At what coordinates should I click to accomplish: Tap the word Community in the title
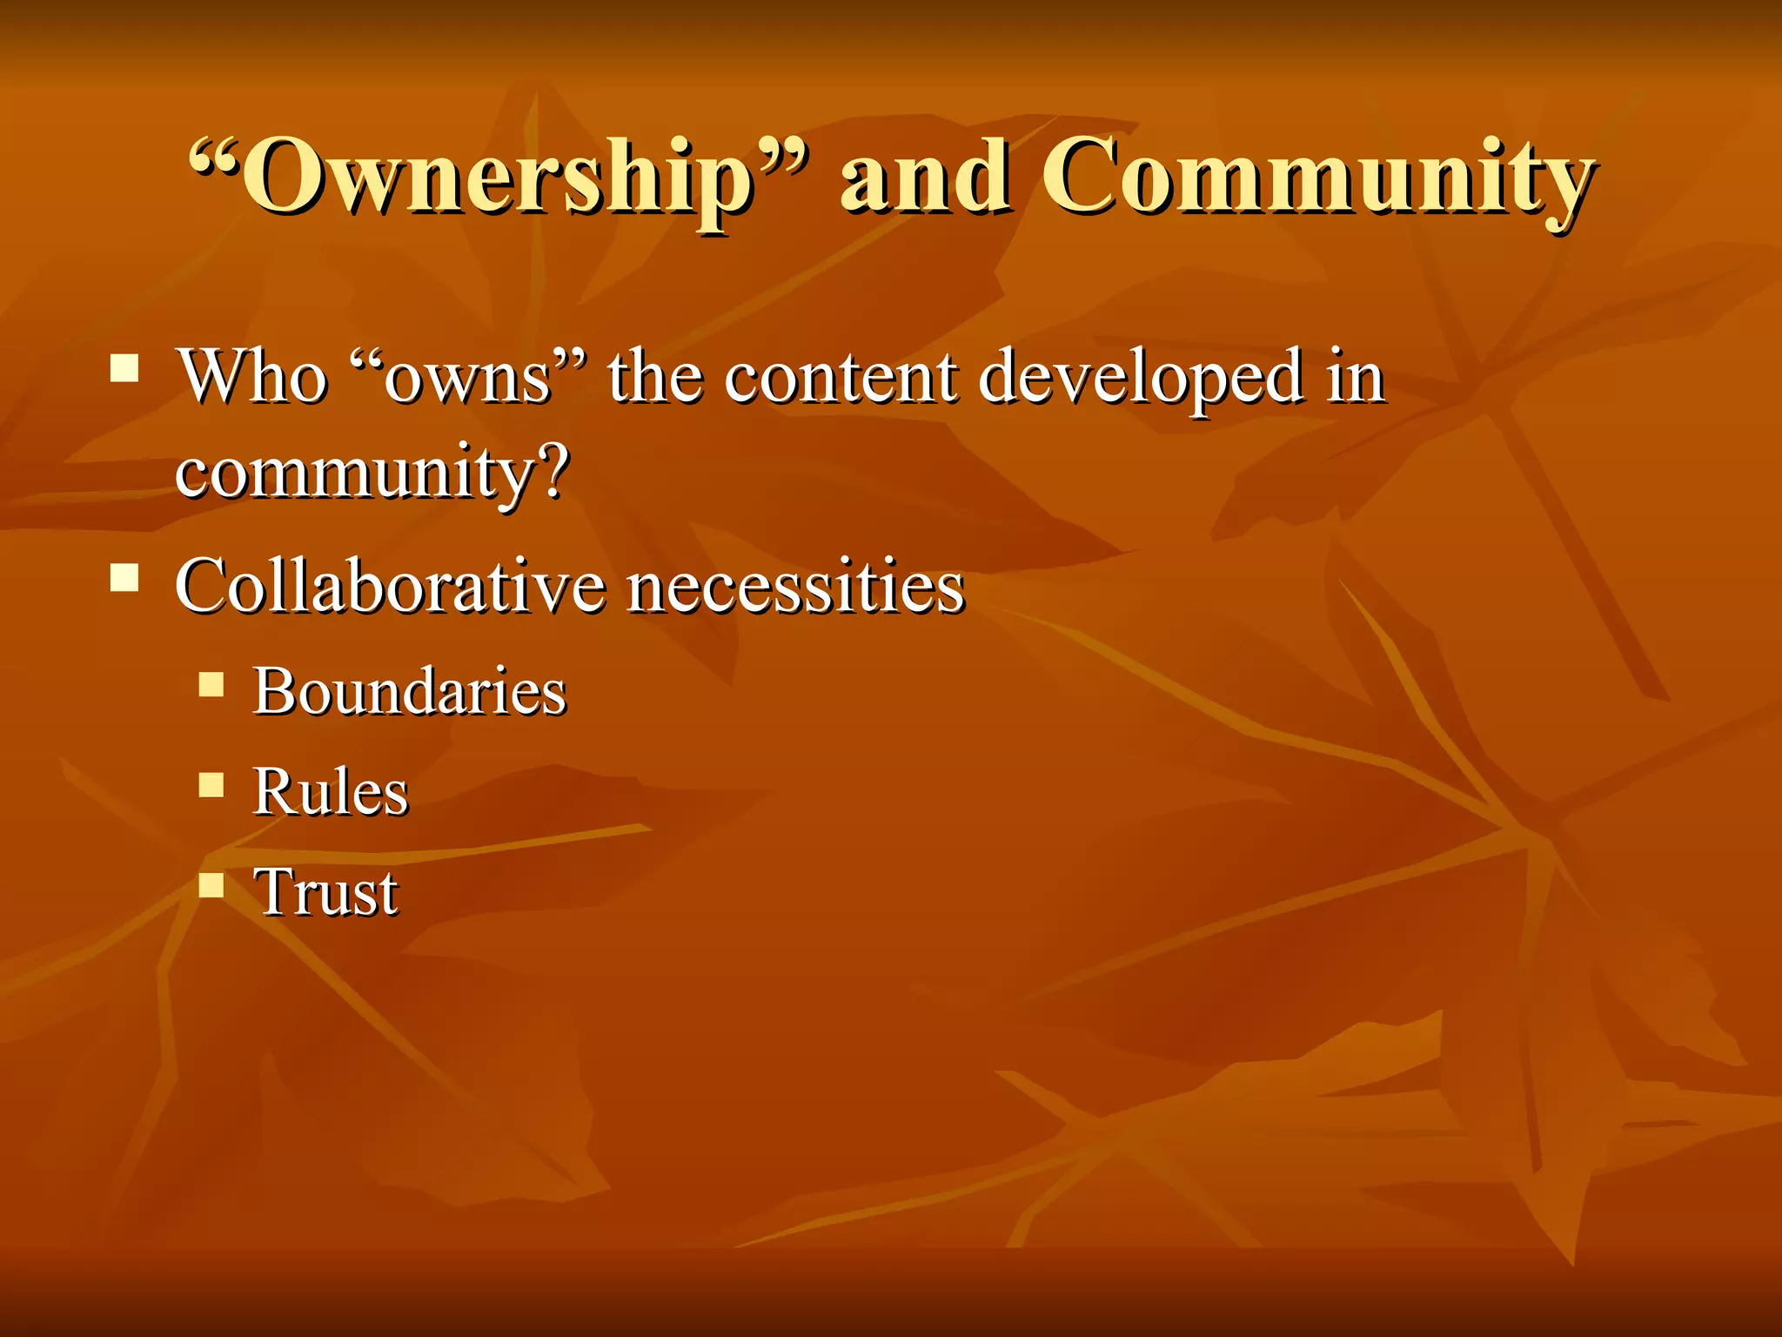pos(1318,178)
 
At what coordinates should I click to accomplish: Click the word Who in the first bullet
pos(252,376)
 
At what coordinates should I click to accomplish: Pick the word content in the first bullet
pos(840,378)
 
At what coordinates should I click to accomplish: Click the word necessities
pos(795,587)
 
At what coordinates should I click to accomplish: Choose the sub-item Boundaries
pos(409,691)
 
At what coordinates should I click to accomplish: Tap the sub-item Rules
pos(330,792)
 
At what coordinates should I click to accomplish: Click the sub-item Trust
pos(325,892)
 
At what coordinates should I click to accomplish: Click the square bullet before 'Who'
pos(124,368)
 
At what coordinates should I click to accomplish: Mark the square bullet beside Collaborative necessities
pos(124,577)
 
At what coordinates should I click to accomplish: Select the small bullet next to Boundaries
pos(211,684)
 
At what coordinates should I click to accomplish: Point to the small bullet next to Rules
pos(211,785)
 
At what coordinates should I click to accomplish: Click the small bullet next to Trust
pos(211,885)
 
